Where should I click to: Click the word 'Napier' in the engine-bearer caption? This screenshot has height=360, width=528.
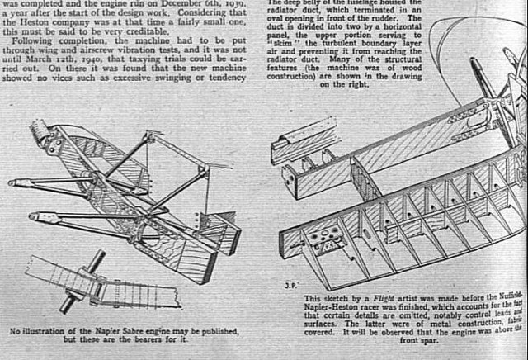107,332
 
